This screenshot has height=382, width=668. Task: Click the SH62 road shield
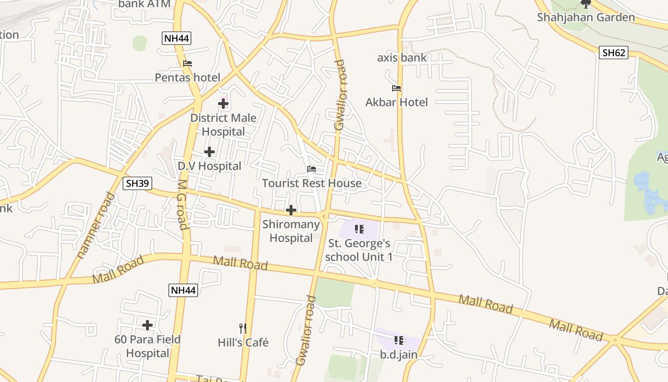coord(614,53)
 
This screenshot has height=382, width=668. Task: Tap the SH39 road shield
coord(137,183)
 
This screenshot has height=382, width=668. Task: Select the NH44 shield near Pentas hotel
coord(177,38)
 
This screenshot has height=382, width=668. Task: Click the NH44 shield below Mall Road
coord(183,290)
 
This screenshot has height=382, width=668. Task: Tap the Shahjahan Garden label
coord(586,18)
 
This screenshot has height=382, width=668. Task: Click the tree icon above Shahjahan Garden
coord(586,4)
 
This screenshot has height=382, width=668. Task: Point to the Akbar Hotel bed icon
coord(397,88)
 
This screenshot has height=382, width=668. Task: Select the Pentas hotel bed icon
coord(188,63)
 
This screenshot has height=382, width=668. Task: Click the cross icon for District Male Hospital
coord(223,103)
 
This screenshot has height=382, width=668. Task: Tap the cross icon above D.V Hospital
coord(209,152)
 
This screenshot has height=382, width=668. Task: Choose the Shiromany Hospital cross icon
coord(291,210)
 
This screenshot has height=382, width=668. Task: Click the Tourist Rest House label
coord(312,183)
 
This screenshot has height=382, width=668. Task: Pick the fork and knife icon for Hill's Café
coord(243,329)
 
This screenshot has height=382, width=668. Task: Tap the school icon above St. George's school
coord(359,229)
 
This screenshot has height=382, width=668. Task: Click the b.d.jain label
coord(399,355)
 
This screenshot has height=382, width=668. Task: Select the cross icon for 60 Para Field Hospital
coord(147,325)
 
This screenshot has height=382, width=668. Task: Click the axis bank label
coord(402,58)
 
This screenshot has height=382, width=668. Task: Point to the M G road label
coord(182,204)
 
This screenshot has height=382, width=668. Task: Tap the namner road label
coord(96,225)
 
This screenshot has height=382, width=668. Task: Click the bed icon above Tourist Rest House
coord(312,169)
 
